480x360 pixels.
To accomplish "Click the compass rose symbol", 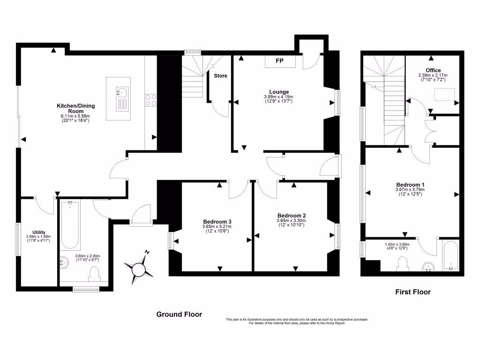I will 139,268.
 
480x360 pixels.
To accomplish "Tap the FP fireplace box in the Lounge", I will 279,61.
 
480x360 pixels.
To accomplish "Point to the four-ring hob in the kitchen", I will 151,100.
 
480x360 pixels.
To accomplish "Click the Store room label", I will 220,75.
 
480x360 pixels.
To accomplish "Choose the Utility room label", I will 39,232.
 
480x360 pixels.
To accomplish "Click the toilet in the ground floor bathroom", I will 95,274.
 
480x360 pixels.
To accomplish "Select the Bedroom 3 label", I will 217,222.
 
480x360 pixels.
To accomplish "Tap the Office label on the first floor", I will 433,70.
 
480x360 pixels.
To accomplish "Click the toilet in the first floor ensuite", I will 402,264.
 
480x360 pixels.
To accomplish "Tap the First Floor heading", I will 412,292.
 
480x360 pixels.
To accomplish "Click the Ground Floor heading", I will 179,315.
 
